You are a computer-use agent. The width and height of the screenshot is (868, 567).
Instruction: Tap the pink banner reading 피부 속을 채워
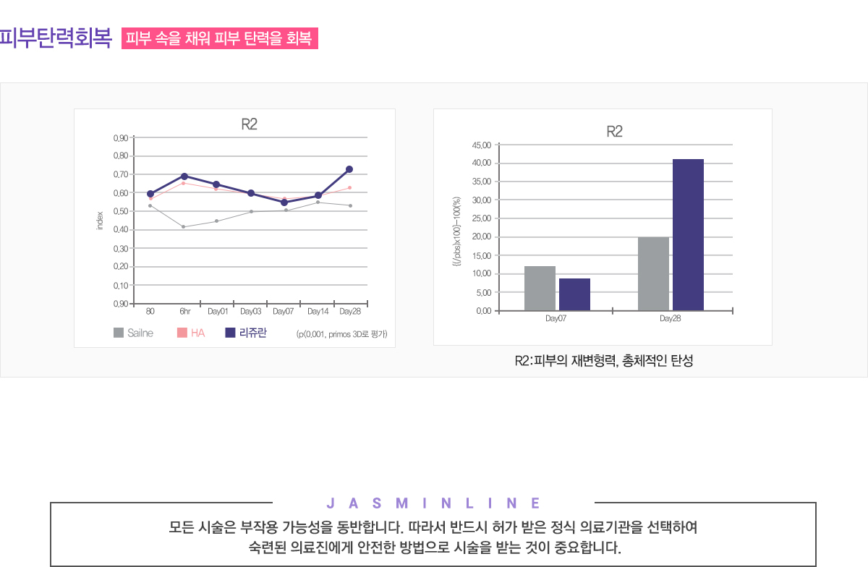(220, 39)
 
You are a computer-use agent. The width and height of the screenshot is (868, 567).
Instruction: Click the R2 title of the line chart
(249, 124)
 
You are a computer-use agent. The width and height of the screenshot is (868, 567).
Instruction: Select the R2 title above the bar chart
(614, 132)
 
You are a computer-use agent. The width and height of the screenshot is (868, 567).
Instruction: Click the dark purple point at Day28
(349, 169)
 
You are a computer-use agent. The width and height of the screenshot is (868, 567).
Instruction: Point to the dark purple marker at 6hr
(184, 176)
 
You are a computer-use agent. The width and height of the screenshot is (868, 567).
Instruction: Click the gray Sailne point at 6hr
(184, 227)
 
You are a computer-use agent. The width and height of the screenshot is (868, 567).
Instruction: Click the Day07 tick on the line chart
(283, 312)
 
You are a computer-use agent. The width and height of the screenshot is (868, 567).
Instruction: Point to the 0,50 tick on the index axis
(121, 211)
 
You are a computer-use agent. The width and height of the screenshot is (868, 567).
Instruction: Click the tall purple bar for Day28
(688, 234)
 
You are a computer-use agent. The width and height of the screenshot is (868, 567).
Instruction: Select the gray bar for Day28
(653, 273)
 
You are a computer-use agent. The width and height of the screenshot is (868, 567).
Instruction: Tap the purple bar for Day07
(574, 294)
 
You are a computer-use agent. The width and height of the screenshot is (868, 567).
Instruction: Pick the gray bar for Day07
(540, 288)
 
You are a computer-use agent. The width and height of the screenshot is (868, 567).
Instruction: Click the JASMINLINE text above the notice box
(433, 503)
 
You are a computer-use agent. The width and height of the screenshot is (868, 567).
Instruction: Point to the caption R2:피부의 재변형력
(603, 361)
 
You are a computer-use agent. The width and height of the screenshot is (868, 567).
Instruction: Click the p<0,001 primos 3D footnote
(341, 334)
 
